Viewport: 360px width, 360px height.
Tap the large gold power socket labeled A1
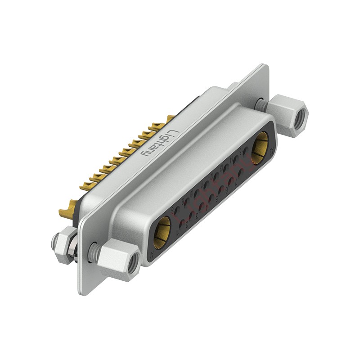(162, 232)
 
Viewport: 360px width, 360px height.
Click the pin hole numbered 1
(182, 224)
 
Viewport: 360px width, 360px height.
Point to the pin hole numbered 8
(177, 210)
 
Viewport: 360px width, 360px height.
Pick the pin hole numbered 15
(246, 151)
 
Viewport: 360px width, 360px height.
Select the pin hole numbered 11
(207, 184)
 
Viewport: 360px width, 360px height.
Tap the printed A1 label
(152, 253)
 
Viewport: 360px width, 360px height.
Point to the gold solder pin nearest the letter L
(170, 119)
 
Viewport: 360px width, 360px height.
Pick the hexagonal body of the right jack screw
(288, 115)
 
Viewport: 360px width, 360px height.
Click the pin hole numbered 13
(226, 168)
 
